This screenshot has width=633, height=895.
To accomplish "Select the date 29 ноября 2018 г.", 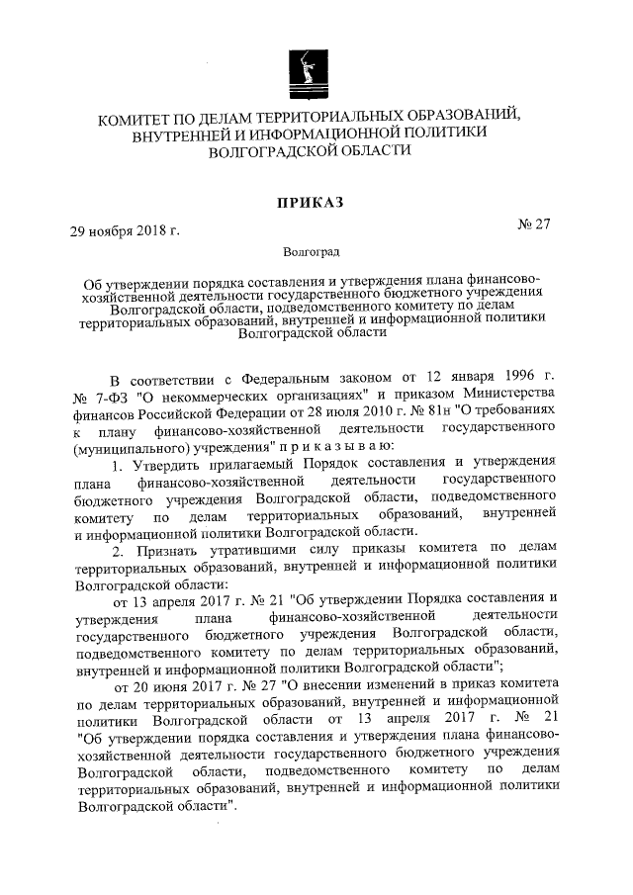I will point(124,231).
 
